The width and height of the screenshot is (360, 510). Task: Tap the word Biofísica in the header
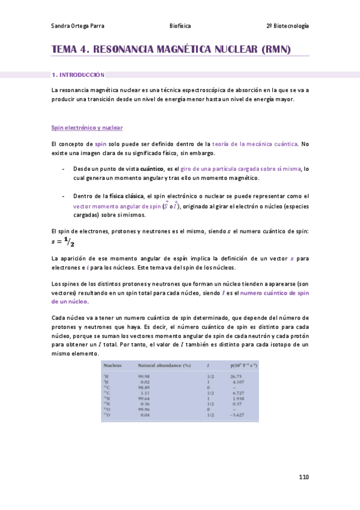[x=180, y=26]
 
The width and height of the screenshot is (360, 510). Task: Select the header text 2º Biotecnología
[x=287, y=26]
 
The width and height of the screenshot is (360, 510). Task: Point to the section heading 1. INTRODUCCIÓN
[x=78, y=75]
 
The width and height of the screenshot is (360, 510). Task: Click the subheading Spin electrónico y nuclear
[x=87, y=127]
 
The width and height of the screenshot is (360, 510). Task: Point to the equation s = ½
[x=62, y=242]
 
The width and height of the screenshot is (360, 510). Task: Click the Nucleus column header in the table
[x=113, y=365]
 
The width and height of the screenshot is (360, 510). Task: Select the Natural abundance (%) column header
[x=164, y=365]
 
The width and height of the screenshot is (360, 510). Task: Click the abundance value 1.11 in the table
[x=145, y=393]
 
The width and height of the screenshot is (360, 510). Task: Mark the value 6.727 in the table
[x=239, y=393]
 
